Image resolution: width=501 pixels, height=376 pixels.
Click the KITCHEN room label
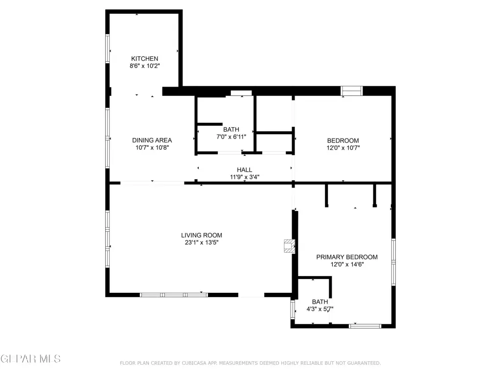click(x=144, y=59)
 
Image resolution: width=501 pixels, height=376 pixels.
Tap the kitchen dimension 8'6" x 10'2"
click(x=144, y=66)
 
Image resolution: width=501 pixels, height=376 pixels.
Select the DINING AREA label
click(x=152, y=140)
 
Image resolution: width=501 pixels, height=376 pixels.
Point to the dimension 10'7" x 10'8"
click(x=152, y=147)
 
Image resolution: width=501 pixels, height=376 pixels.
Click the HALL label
click(x=245, y=170)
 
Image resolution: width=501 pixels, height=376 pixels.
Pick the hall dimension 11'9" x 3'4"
click(x=245, y=177)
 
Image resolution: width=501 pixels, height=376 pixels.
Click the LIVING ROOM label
click(x=202, y=235)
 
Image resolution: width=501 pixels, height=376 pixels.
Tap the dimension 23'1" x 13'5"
click(x=202, y=242)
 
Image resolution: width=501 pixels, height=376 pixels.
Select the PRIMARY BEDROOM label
click(x=347, y=257)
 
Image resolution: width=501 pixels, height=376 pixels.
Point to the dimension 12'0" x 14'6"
click(x=347, y=264)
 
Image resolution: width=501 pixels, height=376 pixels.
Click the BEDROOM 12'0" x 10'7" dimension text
click(x=343, y=148)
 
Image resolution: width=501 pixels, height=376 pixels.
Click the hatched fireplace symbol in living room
click(x=290, y=246)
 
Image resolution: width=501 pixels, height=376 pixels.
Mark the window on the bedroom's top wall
click(x=351, y=91)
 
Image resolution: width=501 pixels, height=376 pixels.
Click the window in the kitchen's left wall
click(x=108, y=48)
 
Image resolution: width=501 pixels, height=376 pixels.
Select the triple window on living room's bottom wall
click(x=174, y=295)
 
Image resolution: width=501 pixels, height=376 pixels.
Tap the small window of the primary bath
click(x=293, y=309)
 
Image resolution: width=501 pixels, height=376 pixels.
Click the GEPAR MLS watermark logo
click(x=31, y=359)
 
